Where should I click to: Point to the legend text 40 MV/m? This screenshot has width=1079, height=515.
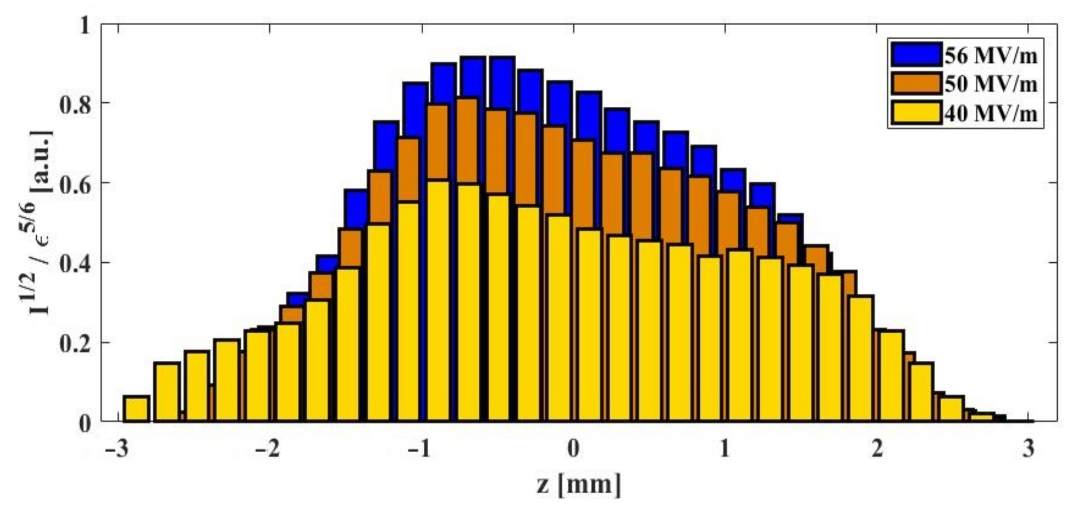991,113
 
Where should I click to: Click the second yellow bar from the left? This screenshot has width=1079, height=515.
167,392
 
